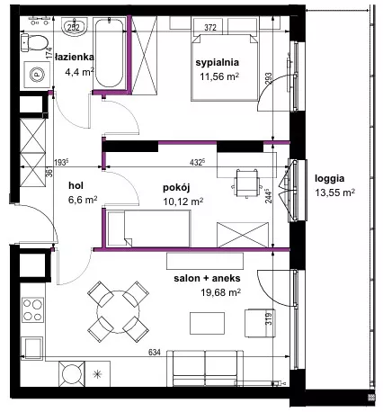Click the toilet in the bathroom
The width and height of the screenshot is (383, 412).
pos(34,42)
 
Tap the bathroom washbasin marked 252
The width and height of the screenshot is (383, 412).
pos(74,27)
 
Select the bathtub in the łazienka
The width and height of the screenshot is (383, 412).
pos(109,53)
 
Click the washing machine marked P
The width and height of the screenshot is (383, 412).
pos(37,75)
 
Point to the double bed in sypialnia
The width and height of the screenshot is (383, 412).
pos(225,67)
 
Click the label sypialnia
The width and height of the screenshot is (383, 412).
pos(218,62)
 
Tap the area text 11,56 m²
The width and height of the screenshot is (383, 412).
pos(219,76)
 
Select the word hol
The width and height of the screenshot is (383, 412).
pos(76,185)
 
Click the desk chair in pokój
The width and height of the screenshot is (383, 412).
pos(246,184)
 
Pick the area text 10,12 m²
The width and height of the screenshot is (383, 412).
pos(183,202)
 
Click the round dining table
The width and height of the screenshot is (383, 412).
pos(119,312)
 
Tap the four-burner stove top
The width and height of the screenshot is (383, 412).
pos(32,309)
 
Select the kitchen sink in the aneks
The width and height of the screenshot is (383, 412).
pos(31,348)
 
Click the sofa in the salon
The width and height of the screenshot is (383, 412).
pos(205,368)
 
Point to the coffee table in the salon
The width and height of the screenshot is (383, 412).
pos(207,323)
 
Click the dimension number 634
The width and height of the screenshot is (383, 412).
pos(155,353)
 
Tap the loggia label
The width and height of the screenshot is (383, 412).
pos(329,179)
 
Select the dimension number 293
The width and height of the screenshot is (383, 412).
pos(269,79)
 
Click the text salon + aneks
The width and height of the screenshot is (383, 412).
pos(207,278)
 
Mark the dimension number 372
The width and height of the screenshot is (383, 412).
pos(210,28)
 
